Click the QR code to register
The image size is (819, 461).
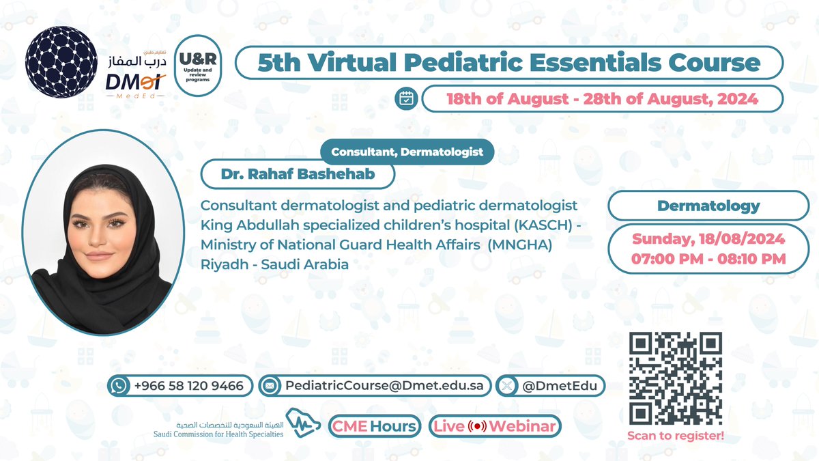675,378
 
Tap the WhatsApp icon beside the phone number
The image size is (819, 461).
119,386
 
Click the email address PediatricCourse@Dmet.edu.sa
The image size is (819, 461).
384,386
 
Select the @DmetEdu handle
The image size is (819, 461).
559,386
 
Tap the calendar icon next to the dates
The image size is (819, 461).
407,99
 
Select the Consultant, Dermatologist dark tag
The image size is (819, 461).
407,152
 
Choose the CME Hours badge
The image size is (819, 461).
374,426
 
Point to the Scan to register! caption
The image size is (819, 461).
675,436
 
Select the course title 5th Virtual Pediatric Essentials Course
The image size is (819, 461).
508,63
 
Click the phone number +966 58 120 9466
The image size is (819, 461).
189,386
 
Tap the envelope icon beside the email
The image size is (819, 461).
270,386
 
